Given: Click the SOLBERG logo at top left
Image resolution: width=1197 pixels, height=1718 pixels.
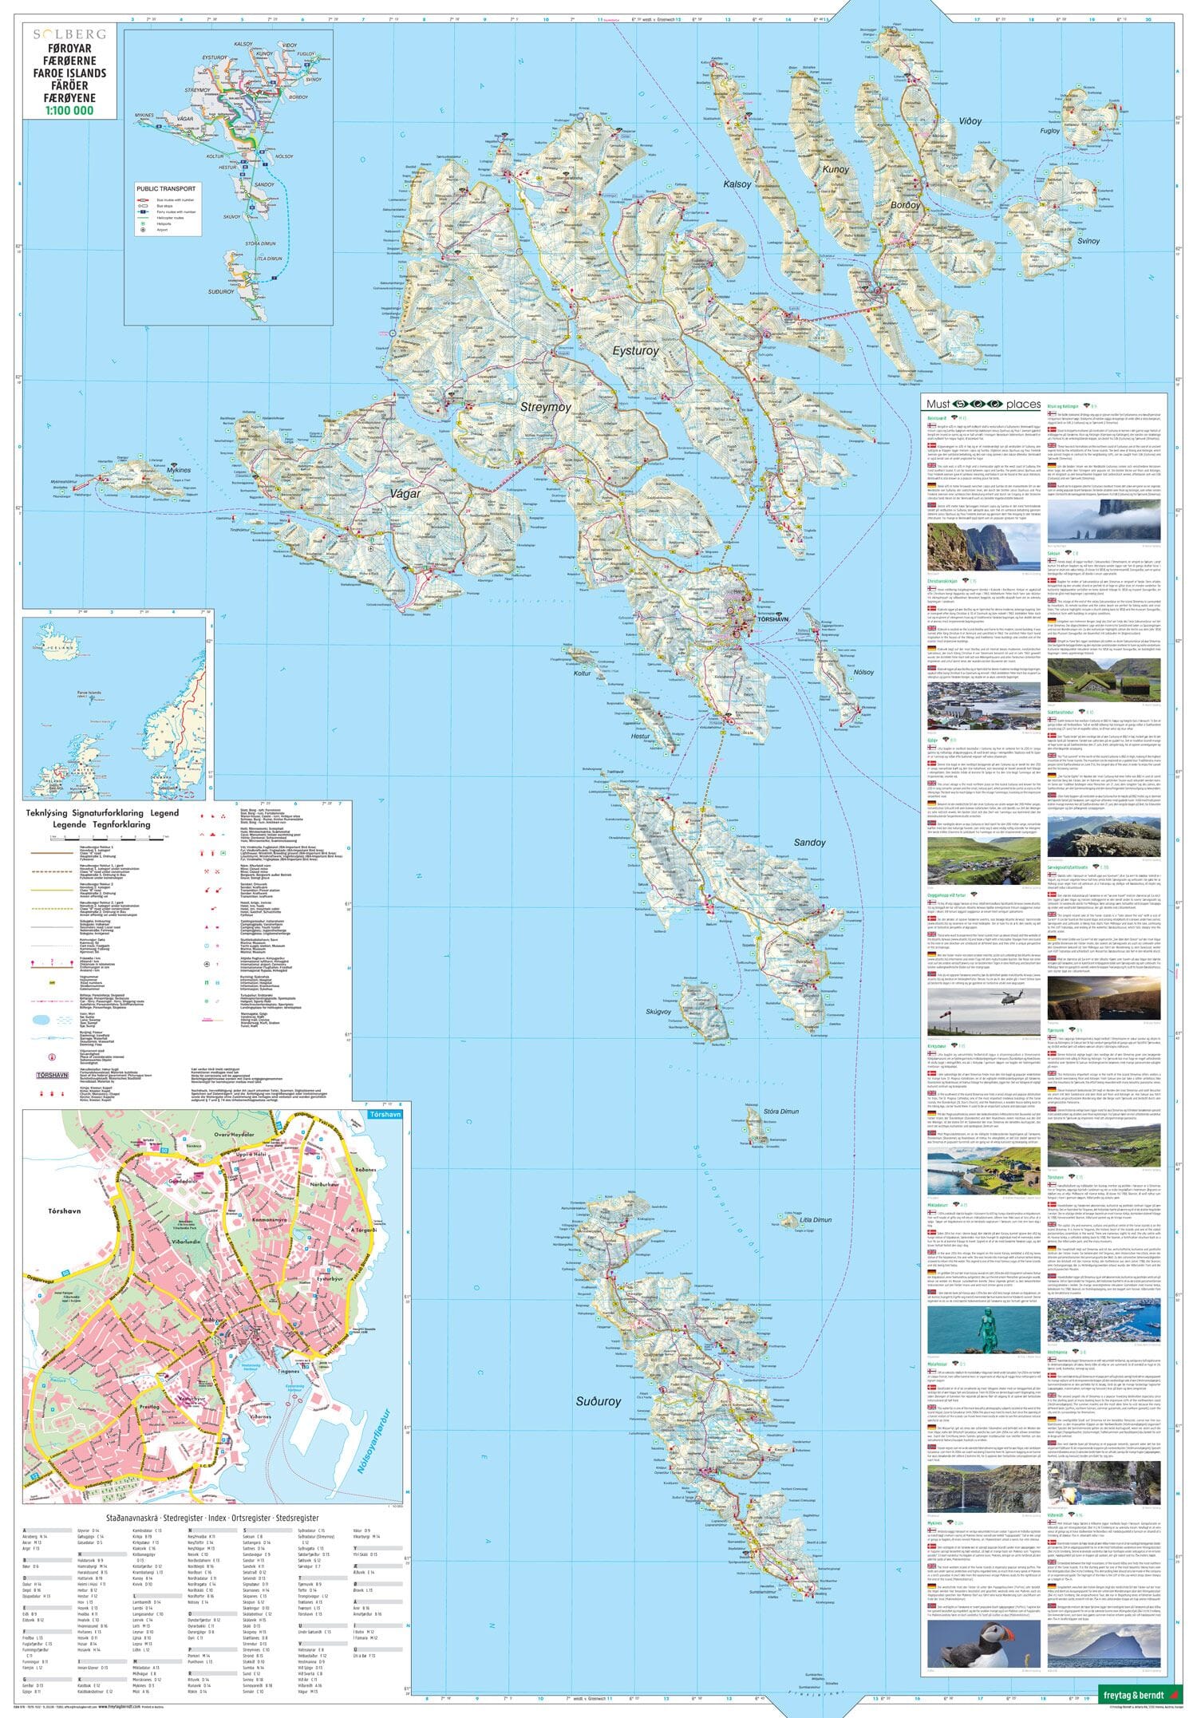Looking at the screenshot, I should [x=69, y=34].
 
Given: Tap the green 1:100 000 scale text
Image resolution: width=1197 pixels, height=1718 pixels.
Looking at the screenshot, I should [x=69, y=111].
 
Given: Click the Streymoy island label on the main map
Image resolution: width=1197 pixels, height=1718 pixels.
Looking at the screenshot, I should [x=546, y=407].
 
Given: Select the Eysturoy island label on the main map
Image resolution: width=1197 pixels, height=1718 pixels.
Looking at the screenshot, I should [x=635, y=350].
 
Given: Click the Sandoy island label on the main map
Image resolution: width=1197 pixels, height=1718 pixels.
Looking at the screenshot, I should [x=809, y=843].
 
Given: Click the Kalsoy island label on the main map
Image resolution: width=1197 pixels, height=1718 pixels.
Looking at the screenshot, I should [x=737, y=184].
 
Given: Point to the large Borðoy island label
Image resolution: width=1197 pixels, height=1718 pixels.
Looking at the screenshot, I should [x=906, y=205].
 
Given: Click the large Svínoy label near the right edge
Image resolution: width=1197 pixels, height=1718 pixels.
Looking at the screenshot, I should [x=1088, y=240].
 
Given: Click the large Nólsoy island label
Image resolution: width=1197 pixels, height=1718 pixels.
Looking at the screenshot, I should [x=863, y=672].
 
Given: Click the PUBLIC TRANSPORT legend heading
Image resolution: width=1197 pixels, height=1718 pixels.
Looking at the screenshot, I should [x=166, y=188].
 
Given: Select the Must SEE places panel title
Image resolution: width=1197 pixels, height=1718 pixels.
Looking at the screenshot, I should [x=983, y=405].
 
